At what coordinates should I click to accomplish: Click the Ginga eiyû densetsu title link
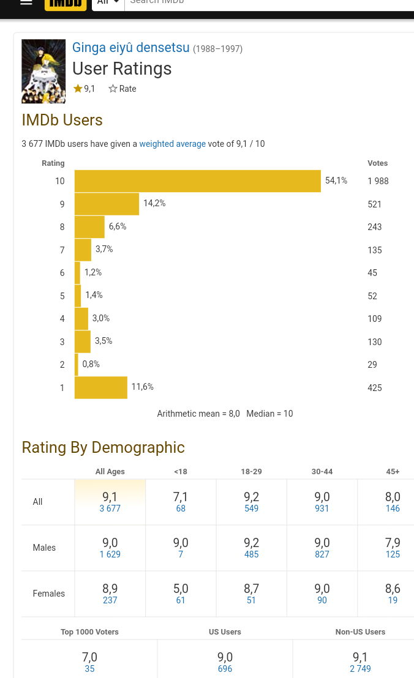(131, 48)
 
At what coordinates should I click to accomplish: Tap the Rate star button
(122, 89)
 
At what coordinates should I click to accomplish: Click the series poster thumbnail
(43, 71)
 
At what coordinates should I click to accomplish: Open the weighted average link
(172, 144)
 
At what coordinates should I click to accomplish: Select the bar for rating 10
(197, 181)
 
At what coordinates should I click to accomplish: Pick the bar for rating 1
(100, 387)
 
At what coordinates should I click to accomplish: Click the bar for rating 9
(107, 204)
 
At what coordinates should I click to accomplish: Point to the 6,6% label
(118, 226)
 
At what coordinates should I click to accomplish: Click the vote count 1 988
(378, 181)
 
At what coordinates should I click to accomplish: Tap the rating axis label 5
(62, 296)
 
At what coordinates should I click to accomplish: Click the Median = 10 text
(269, 414)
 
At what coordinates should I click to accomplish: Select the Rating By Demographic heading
(103, 447)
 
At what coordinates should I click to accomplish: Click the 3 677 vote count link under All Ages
(110, 509)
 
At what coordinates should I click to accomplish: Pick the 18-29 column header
(251, 472)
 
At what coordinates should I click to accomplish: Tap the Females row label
(48, 594)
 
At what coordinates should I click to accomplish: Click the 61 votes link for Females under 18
(181, 600)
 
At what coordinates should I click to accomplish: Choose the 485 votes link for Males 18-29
(251, 554)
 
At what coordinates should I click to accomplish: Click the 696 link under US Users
(225, 669)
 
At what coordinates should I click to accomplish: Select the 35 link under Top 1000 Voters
(89, 669)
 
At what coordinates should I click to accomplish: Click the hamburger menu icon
(26, 2)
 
